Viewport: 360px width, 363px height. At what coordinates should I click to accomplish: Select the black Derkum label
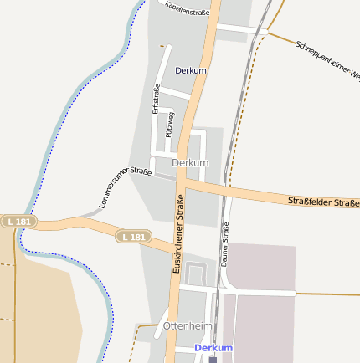(191, 70)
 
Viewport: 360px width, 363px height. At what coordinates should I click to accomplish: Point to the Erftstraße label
(156, 99)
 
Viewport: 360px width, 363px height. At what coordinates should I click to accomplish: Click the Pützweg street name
(170, 123)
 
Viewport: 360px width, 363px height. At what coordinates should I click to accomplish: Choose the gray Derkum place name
(189, 162)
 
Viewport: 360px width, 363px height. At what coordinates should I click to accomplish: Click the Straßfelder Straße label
(323, 202)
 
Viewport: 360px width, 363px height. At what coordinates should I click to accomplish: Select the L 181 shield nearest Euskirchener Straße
(132, 238)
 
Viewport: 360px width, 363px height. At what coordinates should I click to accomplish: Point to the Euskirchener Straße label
(177, 235)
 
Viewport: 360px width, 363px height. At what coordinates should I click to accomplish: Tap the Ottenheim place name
(188, 325)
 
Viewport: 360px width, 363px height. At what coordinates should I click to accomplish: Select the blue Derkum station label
(213, 347)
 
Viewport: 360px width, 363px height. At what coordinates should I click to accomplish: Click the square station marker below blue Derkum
(213, 360)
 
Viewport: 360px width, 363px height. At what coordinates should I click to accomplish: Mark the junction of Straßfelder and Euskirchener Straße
(183, 179)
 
